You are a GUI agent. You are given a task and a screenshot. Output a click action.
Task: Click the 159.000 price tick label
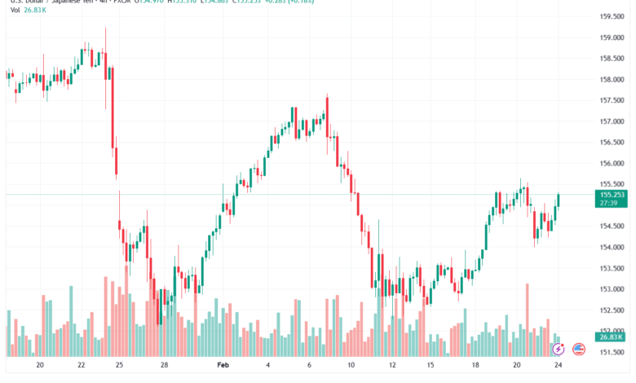pos(612,37)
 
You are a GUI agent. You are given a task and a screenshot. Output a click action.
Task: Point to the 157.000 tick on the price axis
pos(612,121)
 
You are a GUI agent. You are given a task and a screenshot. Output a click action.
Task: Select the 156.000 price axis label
pos(612,163)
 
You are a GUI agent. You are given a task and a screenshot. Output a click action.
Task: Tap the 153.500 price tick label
pos(612,268)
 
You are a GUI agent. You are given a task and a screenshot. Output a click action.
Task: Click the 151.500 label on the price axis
pos(612,352)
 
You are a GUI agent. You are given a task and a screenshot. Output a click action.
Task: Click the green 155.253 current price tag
pos(612,196)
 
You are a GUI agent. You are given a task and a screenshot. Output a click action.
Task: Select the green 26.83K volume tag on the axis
pos(610,337)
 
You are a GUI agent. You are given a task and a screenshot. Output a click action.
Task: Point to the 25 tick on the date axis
pos(119,367)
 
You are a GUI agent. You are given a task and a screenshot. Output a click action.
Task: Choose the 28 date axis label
pos(164,367)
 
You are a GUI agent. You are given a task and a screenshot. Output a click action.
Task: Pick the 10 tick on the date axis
pos(351,367)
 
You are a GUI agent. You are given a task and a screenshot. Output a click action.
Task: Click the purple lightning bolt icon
pos(559,349)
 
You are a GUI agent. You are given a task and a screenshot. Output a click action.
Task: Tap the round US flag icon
pos(579,349)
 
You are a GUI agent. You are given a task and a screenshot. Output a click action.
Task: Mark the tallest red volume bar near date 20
pos(528,319)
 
